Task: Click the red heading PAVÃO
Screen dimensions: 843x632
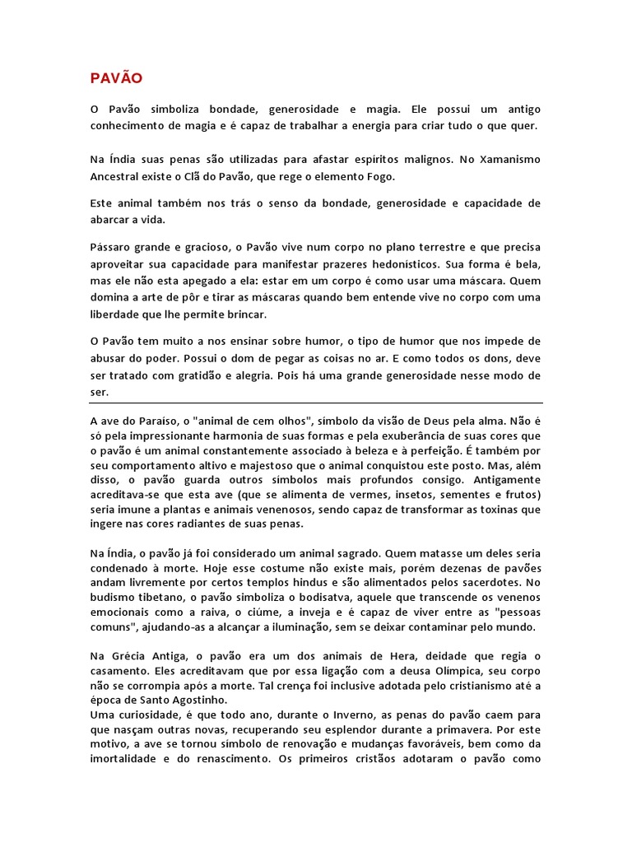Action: point(117,78)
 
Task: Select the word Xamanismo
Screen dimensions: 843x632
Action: point(507,158)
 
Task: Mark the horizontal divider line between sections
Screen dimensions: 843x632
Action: point(316,403)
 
